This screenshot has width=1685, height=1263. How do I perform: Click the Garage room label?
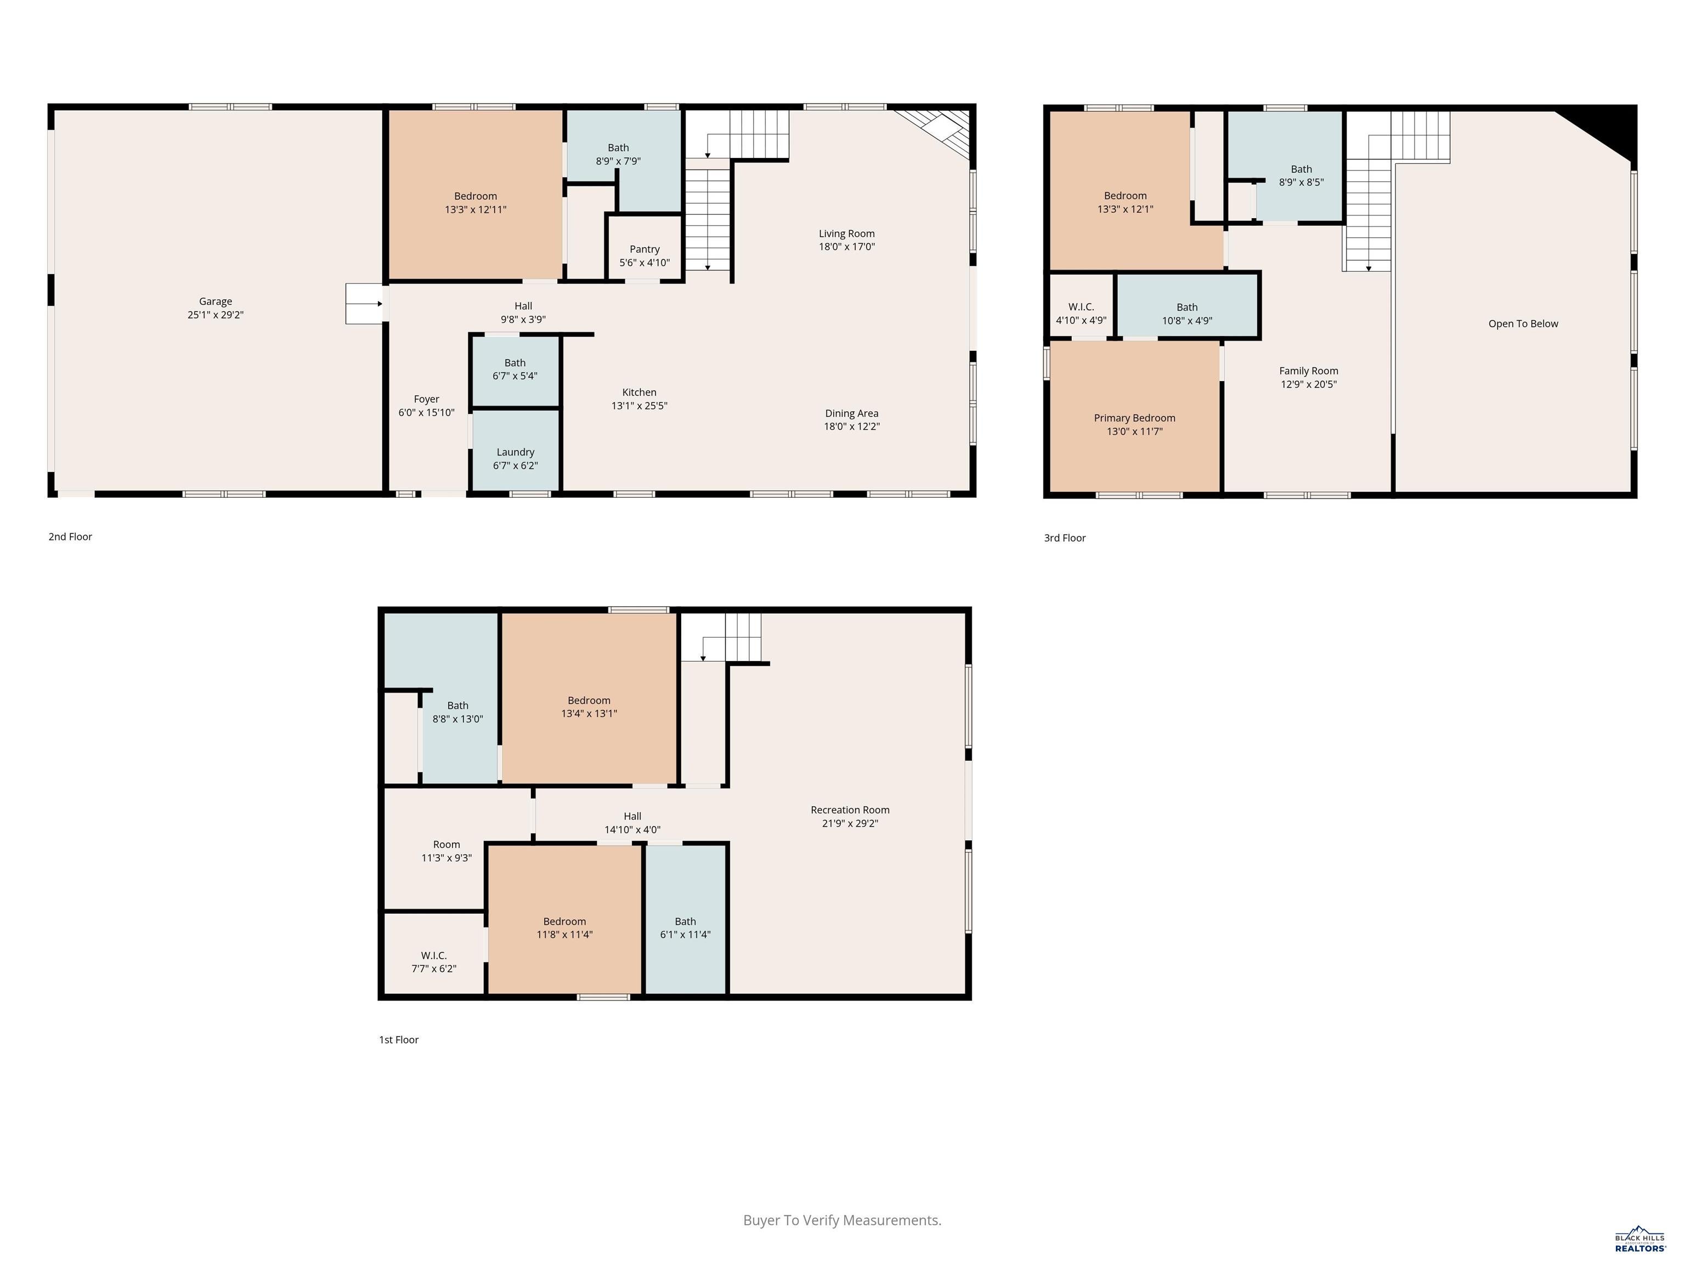pos(216,301)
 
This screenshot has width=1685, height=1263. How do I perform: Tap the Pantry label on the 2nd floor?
pos(644,249)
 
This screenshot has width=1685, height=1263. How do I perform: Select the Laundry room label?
pos(516,452)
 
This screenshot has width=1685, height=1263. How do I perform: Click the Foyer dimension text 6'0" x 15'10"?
pos(427,413)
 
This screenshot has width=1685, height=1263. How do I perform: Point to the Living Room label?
pos(847,234)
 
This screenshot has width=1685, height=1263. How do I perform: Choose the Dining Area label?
pos(852,413)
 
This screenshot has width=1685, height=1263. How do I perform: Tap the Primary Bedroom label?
pos(1134,418)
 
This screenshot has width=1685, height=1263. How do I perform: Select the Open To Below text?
pos(1524,323)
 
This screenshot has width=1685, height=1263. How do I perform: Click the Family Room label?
pos(1309,371)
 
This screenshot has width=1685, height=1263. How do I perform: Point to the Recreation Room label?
pos(850,810)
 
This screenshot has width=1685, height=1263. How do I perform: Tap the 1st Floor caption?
pos(399,1040)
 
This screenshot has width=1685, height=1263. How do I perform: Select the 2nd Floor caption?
pos(70,537)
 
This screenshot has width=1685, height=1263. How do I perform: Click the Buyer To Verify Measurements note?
pos(842,1220)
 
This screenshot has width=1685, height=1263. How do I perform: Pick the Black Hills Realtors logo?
pos(1640,1239)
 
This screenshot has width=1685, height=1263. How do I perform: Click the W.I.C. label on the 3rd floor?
pos(1081,307)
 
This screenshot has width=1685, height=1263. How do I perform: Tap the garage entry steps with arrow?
pos(365,304)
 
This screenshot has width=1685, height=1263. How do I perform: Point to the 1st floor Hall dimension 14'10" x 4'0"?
pos(632,830)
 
